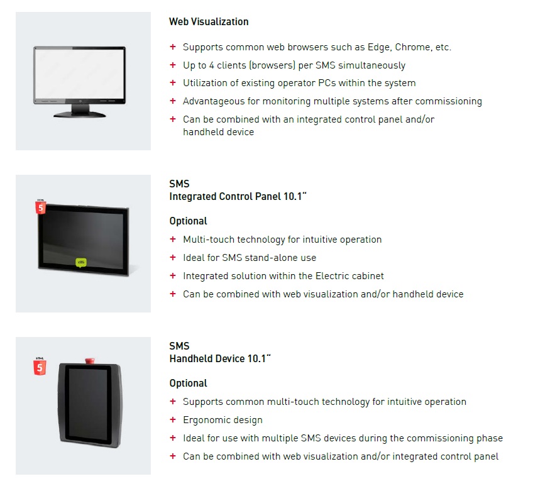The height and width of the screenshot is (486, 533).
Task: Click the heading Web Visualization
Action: (x=209, y=22)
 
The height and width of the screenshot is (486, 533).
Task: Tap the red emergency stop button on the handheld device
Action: (x=90, y=360)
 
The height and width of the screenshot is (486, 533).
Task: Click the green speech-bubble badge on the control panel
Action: (x=81, y=263)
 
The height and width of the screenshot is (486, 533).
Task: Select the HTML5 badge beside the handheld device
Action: (x=40, y=367)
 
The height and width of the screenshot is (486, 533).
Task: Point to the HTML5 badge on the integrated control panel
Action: (x=41, y=207)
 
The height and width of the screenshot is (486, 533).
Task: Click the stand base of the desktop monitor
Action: (x=80, y=114)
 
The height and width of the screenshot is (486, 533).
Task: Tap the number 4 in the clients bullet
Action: (x=211, y=65)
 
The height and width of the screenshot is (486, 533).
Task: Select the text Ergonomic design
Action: (x=223, y=420)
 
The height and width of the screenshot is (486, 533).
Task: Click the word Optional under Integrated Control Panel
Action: (x=188, y=221)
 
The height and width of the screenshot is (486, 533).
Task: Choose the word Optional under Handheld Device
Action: (x=188, y=384)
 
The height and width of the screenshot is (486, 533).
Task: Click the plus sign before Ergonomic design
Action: (x=173, y=420)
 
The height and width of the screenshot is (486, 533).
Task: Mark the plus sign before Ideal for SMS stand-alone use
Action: (x=173, y=257)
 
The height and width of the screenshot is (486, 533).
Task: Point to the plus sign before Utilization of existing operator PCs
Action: (x=173, y=82)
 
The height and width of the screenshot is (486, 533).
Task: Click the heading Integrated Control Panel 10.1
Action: (x=238, y=197)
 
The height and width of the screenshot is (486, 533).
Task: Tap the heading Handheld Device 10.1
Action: (x=220, y=359)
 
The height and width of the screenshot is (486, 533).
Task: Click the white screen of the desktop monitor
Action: (x=80, y=74)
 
